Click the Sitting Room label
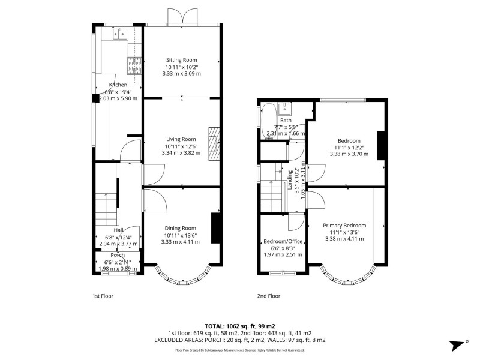(181, 60)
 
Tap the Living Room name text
(181, 139)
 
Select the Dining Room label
(181, 228)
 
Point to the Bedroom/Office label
(283, 242)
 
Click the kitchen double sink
(118, 34)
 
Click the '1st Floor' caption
(103, 296)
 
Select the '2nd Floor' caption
(269, 296)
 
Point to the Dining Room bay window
(181, 275)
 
